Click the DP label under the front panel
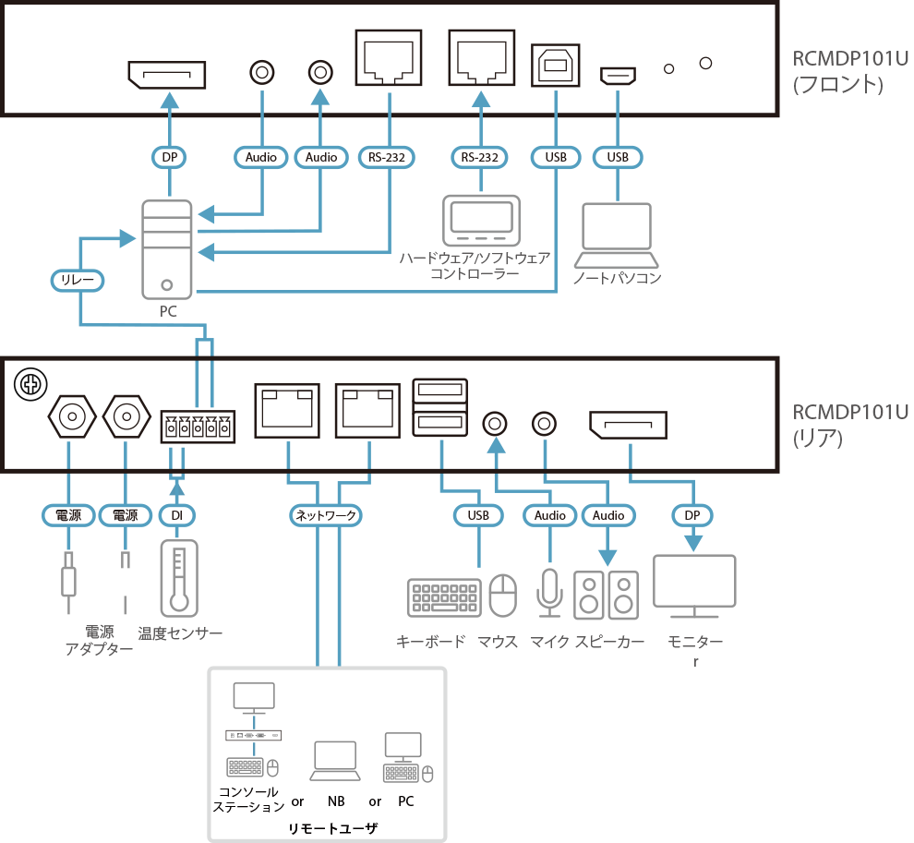(169, 158)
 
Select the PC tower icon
(167, 249)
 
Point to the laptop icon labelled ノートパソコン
(617, 235)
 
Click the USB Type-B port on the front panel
(555, 65)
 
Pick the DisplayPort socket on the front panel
(166, 75)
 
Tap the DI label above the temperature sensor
(177, 515)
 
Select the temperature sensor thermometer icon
(178, 579)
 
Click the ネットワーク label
(326, 515)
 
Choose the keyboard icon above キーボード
(444, 597)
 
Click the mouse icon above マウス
(503, 596)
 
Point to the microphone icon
(550, 592)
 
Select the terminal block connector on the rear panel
(198, 428)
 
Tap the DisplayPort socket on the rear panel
(628, 426)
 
